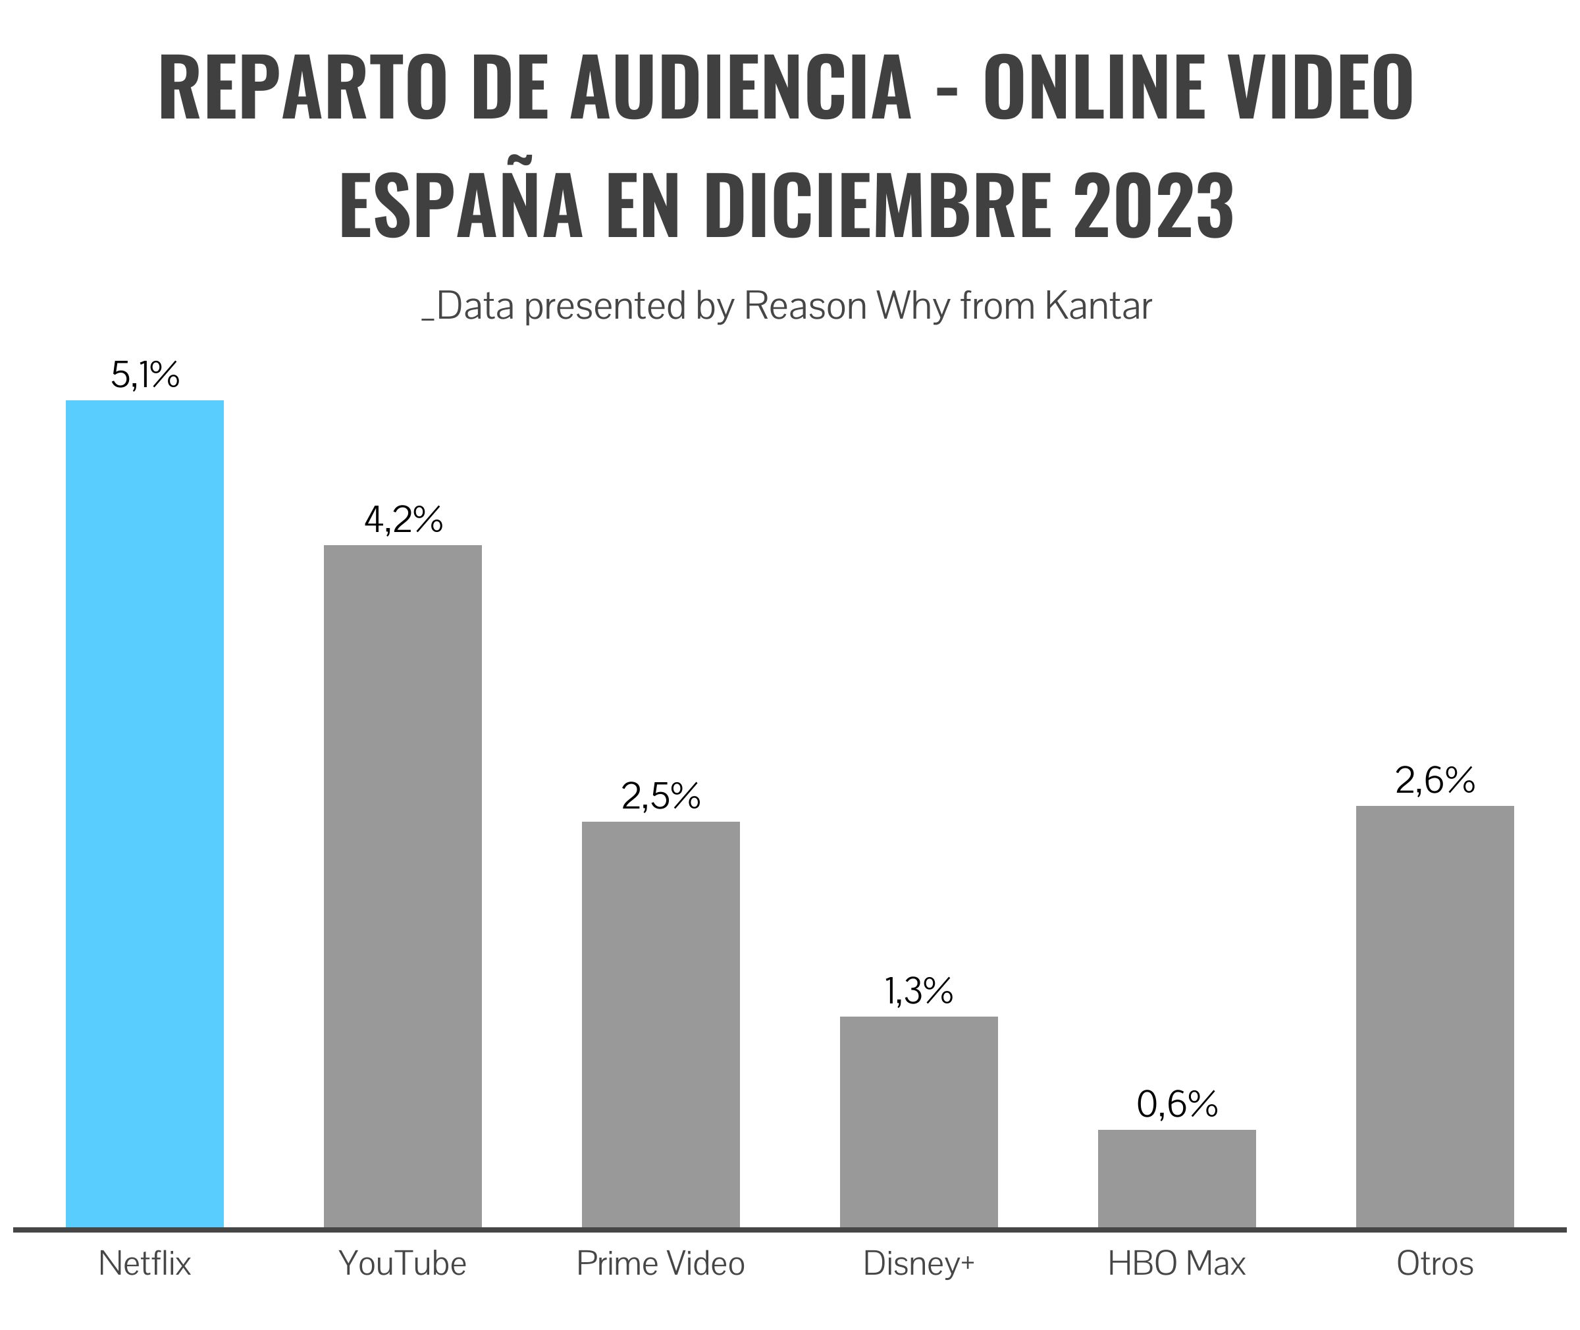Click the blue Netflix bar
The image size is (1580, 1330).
[145, 814]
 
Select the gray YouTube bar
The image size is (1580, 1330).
[402, 887]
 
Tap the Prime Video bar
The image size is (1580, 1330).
[660, 1025]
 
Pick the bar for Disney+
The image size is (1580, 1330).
[919, 1123]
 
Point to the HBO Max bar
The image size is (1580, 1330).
[1176, 1179]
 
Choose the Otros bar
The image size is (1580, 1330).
[1435, 1017]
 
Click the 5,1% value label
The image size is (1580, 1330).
[145, 375]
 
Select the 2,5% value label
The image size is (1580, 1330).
[661, 796]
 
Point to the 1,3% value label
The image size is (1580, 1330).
[919, 991]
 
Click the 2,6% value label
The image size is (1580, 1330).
[1435, 780]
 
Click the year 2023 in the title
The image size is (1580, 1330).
[1153, 205]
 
